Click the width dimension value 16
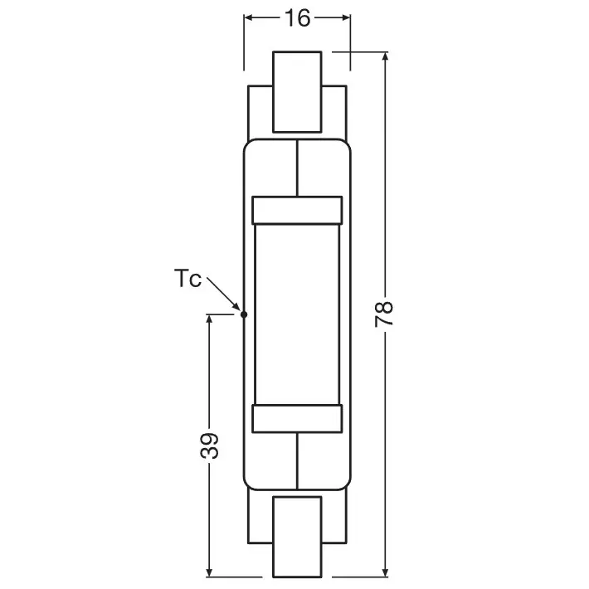click(296, 18)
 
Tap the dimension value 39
click(210, 445)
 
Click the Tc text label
click(188, 280)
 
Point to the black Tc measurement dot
click(243, 314)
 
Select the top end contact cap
click(297, 91)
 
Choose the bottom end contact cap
click(297, 536)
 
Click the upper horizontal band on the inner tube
click(297, 209)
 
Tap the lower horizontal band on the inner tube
click(297, 420)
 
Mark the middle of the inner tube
click(297, 314)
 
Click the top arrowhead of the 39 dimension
click(210, 320)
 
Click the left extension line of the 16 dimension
click(244, 41)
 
